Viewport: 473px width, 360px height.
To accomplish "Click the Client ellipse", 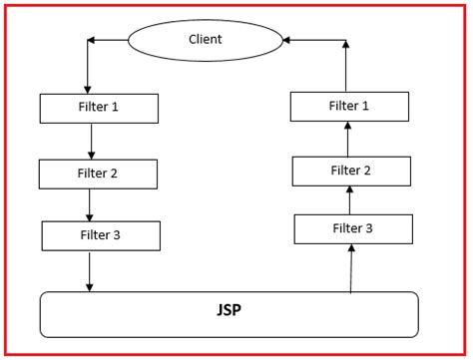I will point(206,40).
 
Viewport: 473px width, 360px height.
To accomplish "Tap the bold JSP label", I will point(228,310).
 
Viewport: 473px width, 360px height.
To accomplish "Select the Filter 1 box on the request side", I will point(99,108).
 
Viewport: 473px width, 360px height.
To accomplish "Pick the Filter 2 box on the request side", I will point(98,174).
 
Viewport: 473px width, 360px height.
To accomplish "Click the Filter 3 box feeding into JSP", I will point(101,235).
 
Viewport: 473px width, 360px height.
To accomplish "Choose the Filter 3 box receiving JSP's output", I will point(353,229).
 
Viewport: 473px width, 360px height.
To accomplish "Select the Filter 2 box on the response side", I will point(351,171).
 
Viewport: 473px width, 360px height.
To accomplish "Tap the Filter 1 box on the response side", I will point(349,106).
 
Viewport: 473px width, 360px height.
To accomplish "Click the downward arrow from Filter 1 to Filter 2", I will point(91,141).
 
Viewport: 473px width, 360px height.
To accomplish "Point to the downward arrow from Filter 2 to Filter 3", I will point(90,204).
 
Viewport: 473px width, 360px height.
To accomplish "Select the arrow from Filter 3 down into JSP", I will point(90,271).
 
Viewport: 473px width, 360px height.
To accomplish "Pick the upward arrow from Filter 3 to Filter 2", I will point(350,199).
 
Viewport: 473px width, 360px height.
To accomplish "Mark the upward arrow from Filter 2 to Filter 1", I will point(347,139).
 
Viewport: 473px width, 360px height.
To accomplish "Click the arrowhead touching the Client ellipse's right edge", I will point(287,41).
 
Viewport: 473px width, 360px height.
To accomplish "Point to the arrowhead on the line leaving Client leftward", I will point(92,40).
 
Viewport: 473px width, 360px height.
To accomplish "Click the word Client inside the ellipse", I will point(205,40).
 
